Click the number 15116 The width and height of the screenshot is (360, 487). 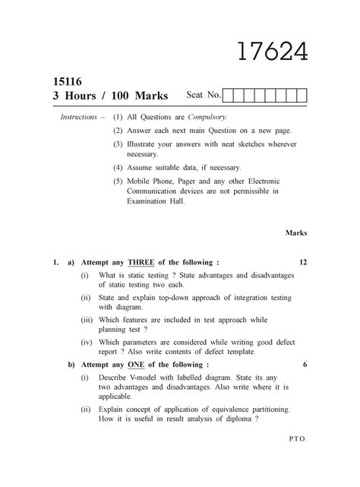click(67, 81)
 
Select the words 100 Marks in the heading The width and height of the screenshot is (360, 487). click(142, 96)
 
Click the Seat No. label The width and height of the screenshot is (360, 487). click(204, 96)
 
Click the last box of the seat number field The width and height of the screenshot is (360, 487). click(302, 96)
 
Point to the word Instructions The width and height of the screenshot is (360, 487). click(78, 119)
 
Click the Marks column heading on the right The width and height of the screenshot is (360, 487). click(296, 232)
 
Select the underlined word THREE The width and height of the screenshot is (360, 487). click(141, 262)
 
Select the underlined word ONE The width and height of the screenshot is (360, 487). click(136, 365)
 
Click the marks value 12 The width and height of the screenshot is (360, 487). click(302, 262)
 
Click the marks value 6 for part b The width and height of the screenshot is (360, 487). click(305, 365)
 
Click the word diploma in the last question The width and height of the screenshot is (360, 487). click(240, 419)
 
